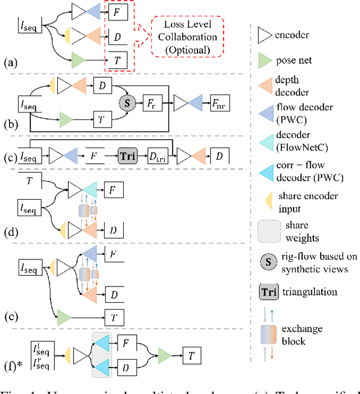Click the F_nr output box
coord(219,104)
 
